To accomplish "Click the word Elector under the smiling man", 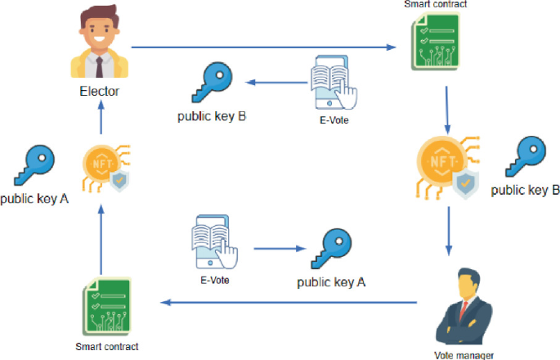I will (99, 91).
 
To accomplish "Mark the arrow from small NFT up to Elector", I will (101, 123).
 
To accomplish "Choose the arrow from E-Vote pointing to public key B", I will (275, 81).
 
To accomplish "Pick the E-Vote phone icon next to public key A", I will (214, 242).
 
